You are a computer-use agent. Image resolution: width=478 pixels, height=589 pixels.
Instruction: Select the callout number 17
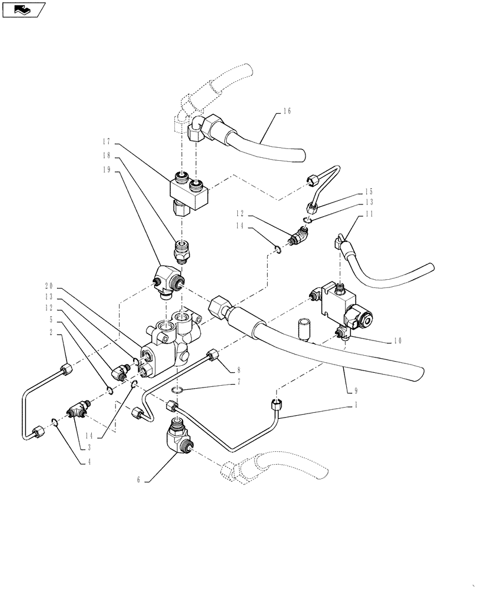[106, 142]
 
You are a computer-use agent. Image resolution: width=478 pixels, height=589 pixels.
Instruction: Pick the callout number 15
[369, 191]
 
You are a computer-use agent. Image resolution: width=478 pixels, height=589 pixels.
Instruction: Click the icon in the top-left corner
[24, 9]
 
